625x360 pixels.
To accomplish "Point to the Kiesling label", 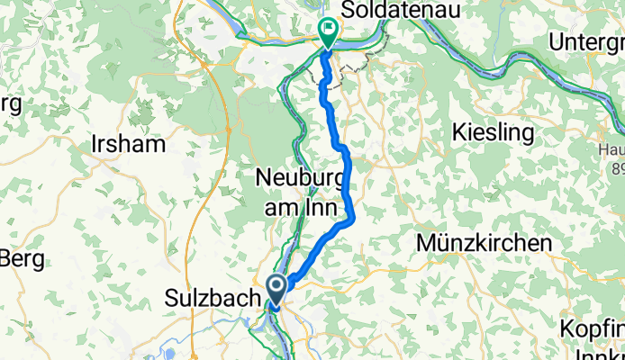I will (x=494, y=133).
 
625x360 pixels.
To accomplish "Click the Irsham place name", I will (x=128, y=144).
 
